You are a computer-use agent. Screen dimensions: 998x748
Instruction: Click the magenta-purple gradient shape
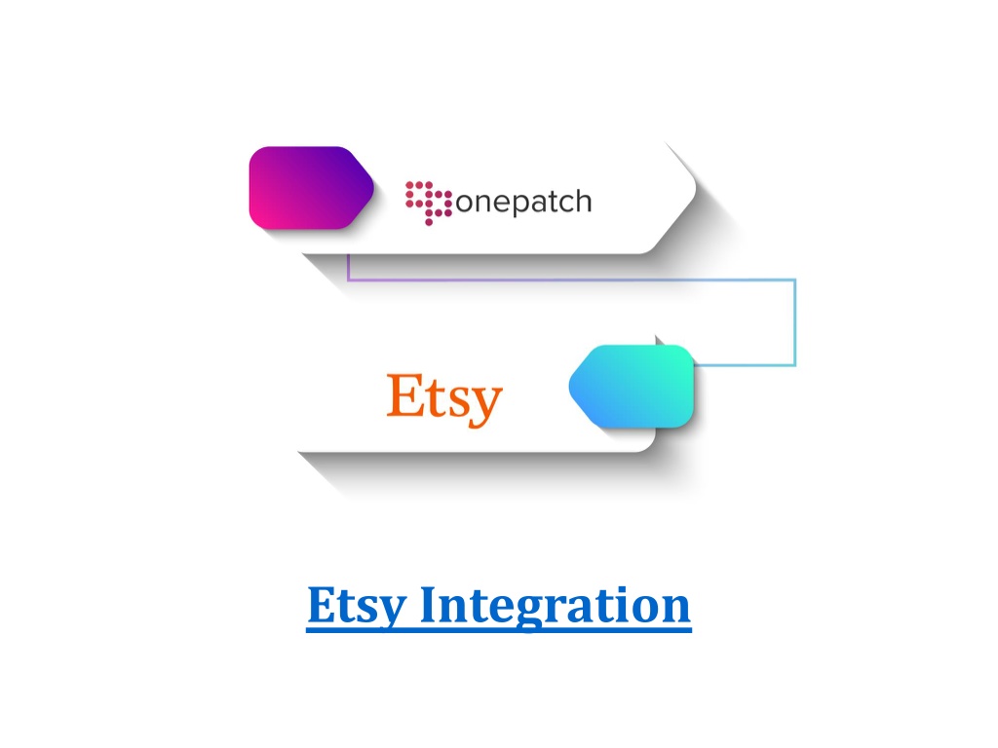click(311, 188)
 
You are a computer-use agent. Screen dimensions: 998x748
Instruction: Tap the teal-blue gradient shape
click(632, 386)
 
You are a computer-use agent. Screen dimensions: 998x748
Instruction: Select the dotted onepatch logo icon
click(429, 203)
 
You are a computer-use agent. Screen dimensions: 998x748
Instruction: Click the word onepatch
click(523, 203)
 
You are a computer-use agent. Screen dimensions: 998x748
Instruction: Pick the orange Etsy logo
click(444, 398)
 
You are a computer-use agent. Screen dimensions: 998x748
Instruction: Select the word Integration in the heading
click(555, 606)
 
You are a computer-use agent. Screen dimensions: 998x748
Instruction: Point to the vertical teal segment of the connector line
click(795, 322)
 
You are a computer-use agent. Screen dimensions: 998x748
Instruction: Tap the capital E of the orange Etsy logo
click(404, 395)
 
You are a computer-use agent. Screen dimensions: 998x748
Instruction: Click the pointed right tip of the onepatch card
click(696, 187)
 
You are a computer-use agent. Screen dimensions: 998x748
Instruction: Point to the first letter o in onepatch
click(464, 203)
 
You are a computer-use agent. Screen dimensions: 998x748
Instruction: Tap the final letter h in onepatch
click(585, 200)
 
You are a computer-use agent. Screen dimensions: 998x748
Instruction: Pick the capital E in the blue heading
click(324, 604)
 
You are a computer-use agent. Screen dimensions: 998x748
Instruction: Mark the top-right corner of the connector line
click(795, 280)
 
